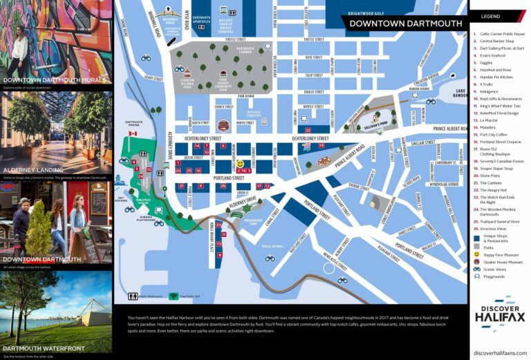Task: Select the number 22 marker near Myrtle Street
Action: click(308, 129)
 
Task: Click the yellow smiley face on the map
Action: click(240, 164)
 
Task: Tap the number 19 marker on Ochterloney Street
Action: click(321, 146)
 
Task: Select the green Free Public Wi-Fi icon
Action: click(173, 296)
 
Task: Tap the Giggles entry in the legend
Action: click(487, 63)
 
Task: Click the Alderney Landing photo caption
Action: click(34, 169)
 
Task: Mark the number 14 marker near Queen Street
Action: click(197, 146)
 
